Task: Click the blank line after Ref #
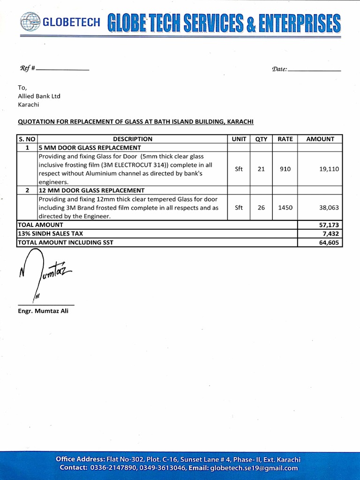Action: (x=62, y=69)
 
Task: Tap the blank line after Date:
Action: (x=315, y=70)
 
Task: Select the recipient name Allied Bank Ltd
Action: (x=39, y=96)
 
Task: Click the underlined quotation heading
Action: (x=135, y=122)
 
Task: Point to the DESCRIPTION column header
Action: (x=133, y=139)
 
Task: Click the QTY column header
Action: (x=261, y=139)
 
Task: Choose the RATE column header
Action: (x=285, y=139)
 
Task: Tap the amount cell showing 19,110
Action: (x=329, y=169)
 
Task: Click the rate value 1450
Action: (x=285, y=208)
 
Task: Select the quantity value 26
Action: (x=261, y=208)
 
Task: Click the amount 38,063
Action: (x=329, y=208)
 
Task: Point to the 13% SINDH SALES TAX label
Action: (x=50, y=233)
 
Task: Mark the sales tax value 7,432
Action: (x=330, y=234)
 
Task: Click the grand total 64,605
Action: (x=329, y=243)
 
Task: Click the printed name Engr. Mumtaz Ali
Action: (x=43, y=311)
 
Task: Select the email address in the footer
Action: (x=254, y=468)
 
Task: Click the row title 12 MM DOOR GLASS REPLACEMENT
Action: (x=91, y=190)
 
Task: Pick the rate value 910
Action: (x=285, y=169)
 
